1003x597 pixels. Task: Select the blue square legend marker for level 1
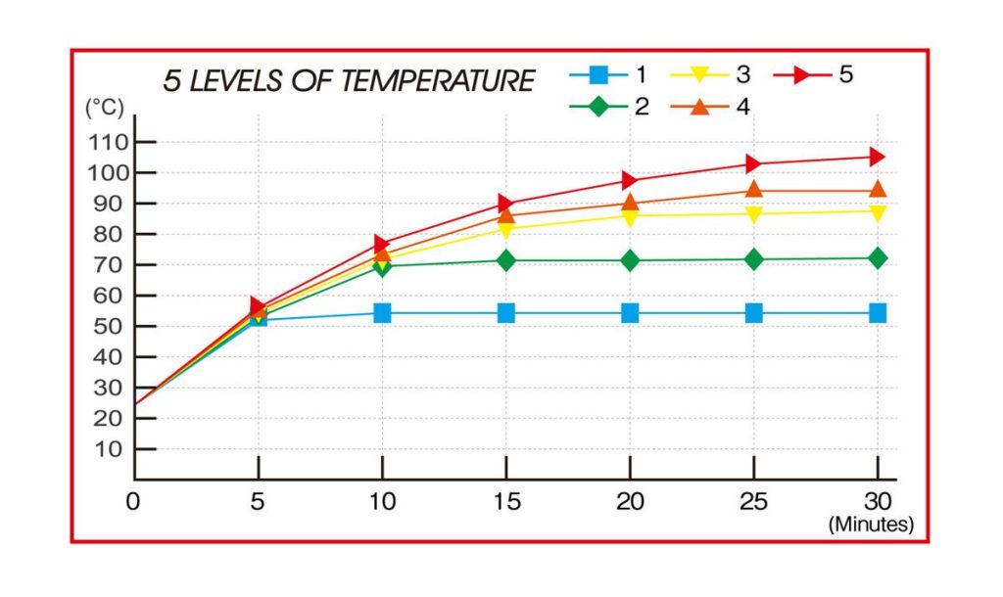[x=600, y=74]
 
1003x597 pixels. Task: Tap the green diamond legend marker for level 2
[x=600, y=106]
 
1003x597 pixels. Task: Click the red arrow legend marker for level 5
[x=806, y=74]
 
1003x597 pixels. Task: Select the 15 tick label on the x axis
[x=505, y=501]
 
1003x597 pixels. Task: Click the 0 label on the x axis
[x=132, y=501]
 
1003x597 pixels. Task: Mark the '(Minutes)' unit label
[x=871, y=525]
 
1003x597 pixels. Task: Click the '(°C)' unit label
[x=105, y=107]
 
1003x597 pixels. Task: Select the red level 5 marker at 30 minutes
[x=878, y=157]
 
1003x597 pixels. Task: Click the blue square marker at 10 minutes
[x=382, y=313]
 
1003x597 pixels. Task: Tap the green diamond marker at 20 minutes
[x=630, y=260]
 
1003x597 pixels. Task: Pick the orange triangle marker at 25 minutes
[x=754, y=190]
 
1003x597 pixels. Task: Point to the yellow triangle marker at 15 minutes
[x=505, y=229]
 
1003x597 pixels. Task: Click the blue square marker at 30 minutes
[x=878, y=313]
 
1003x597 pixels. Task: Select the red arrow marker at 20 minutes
[x=630, y=180]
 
